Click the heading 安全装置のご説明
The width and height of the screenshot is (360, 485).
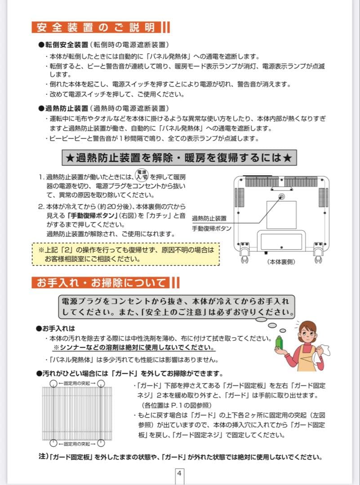point(95,27)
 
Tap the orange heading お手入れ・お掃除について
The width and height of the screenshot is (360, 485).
point(101,282)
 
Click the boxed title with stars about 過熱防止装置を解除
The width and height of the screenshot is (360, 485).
point(178,158)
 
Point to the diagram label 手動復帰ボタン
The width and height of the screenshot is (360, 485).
point(211,229)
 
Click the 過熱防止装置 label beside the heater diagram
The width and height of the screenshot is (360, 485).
point(209,218)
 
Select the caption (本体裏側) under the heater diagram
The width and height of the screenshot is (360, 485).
point(281,262)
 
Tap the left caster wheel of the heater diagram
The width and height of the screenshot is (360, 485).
point(244,258)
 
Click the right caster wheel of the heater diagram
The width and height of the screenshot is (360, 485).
point(319,258)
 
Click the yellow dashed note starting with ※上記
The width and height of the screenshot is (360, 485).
point(125,255)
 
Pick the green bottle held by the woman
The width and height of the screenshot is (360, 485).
point(279,342)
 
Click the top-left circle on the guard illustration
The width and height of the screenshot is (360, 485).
point(53,383)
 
